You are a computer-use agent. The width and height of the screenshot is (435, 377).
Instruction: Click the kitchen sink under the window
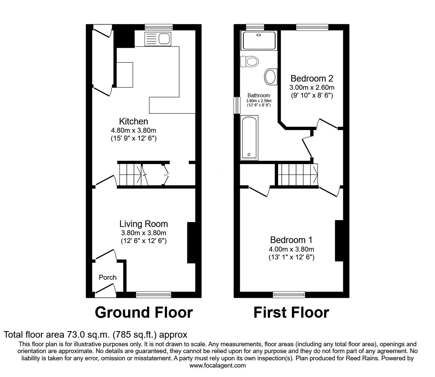(x=158, y=39)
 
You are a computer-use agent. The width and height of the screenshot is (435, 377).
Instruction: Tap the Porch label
(x=107, y=277)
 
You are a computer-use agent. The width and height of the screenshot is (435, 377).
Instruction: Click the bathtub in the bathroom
(x=249, y=138)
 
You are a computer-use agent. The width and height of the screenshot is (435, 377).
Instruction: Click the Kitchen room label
(x=133, y=121)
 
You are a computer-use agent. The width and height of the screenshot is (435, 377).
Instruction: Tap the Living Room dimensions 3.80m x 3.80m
(x=143, y=233)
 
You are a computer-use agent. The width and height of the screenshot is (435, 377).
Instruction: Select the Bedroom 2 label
(x=312, y=79)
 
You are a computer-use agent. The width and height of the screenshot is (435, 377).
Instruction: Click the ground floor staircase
(x=130, y=175)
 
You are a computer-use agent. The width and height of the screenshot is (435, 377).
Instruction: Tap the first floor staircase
(x=297, y=175)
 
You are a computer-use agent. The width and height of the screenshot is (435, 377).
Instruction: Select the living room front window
(x=154, y=295)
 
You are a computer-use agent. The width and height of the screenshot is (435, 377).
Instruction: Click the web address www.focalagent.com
(x=217, y=366)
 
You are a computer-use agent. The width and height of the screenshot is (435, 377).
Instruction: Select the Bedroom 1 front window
(x=289, y=295)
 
